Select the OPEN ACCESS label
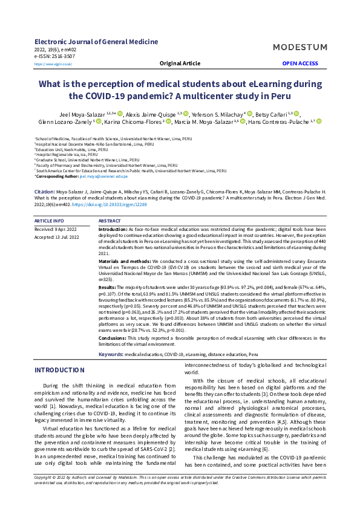300,63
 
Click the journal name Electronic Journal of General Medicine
96,42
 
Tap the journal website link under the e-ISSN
53,63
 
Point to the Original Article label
180,63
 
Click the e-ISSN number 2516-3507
64,56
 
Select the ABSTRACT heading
109,222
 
